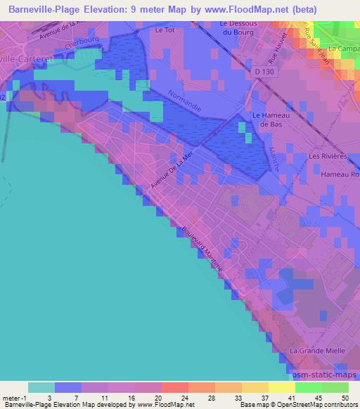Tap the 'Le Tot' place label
pos(165,30)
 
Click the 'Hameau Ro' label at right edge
pos(340,174)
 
